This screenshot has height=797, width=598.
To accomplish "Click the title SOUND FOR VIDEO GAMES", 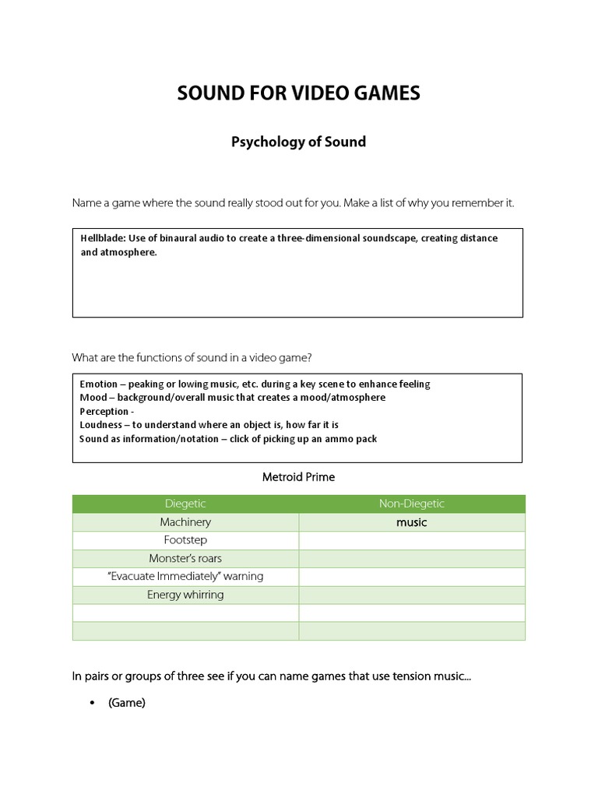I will click(298, 93).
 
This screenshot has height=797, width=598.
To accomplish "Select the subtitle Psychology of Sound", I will click(298, 142).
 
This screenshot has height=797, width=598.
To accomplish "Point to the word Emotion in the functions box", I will click(98, 384).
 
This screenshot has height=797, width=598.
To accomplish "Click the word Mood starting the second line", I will click(93, 398).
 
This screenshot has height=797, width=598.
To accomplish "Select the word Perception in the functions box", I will click(104, 411).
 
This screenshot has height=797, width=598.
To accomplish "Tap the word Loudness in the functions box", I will click(101, 425).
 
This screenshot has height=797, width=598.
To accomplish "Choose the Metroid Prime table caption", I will click(298, 477).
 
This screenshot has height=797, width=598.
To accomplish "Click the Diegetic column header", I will click(185, 504).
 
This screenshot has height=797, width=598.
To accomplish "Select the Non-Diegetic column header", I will click(412, 504).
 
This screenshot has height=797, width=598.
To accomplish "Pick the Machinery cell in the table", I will click(185, 522).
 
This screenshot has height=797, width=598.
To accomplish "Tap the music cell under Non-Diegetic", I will click(412, 522).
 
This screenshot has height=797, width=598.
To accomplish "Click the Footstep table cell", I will click(185, 540).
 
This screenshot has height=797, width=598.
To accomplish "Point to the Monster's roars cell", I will click(185, 558).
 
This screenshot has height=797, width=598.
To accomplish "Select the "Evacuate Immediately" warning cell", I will click(185, 577).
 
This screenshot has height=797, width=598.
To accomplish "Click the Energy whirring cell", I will click(185, 595).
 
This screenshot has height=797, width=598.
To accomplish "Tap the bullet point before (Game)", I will click(93, 704).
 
